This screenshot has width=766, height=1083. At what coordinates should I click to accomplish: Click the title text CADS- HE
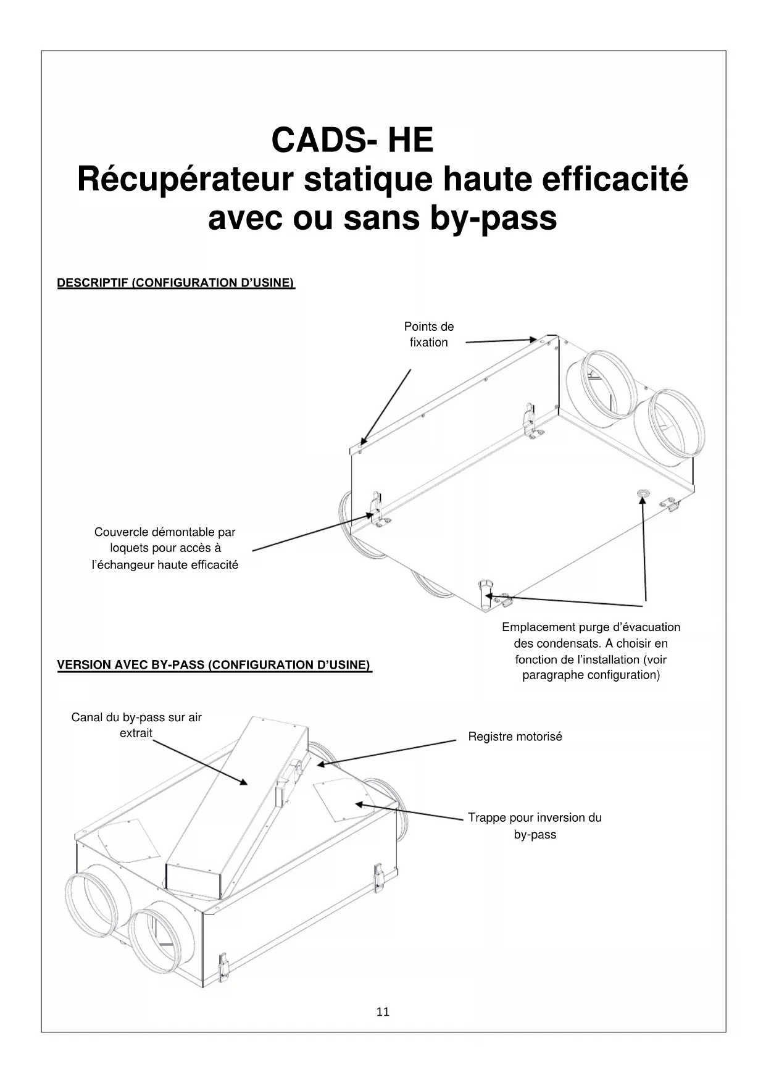[x=352, y=140]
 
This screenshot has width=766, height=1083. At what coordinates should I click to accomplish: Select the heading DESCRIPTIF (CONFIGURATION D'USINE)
[x=176, y=283]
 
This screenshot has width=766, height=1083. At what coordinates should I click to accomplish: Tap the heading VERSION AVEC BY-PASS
[x=214, y=665]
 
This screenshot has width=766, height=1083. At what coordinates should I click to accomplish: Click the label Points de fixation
[x=429, y=335]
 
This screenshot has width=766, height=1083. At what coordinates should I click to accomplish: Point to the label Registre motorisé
[x=515, y=737]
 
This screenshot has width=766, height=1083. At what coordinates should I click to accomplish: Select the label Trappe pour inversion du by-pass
[x=535, y=826]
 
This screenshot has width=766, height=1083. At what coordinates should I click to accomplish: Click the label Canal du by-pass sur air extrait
[x=136, y=725]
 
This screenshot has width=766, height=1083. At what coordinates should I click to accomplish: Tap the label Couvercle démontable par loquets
[x=165, y=548]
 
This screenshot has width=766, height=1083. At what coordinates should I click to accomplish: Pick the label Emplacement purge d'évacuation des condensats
[x=591, y=651]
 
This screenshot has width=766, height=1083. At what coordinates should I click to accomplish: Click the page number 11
[x=383, y=1012]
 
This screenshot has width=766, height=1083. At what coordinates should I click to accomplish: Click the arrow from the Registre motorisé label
[x=386, y=753]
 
